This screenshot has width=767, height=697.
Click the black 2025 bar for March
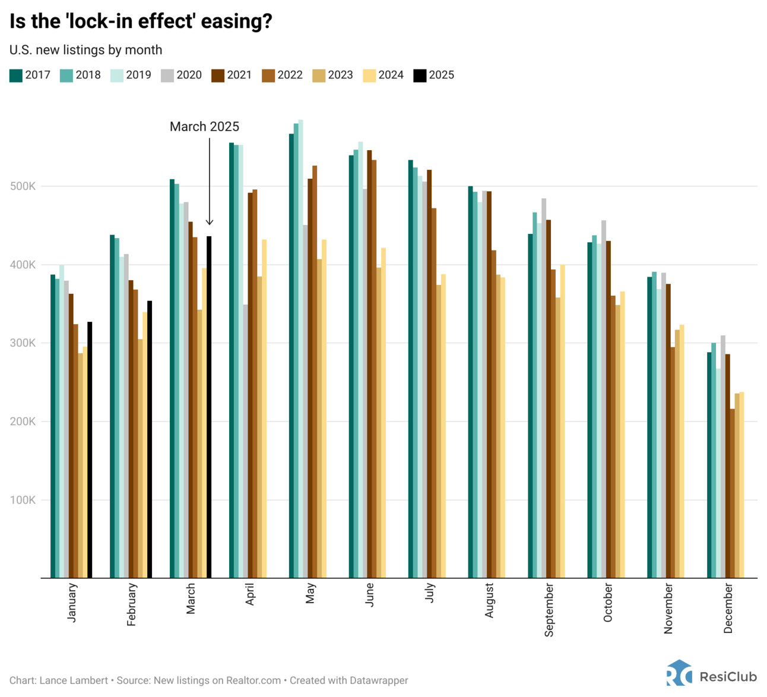coord(209,407)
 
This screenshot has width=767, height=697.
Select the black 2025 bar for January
coord(90,449)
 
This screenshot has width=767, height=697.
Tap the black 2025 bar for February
coord(150,439)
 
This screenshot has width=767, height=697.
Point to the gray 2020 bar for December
coord(723,457)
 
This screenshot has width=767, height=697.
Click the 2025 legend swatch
coord(420,75)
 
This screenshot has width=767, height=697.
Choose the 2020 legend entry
coord(181,75)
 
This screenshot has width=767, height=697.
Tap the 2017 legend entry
coord(30,75)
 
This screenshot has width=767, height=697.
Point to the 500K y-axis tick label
coord(23,186)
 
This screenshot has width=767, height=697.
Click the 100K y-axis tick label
coord(23,500)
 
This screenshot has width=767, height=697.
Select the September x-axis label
coord(549,610)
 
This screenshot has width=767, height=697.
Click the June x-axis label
coord(370,594)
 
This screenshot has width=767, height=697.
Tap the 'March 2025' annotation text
coord(204,126)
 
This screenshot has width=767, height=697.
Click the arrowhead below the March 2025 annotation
coord(210,223)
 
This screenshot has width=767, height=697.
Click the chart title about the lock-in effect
coord(141,21)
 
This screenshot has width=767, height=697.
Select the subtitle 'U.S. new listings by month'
coord(85,50)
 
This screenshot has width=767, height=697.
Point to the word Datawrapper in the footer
coord(378,680)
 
